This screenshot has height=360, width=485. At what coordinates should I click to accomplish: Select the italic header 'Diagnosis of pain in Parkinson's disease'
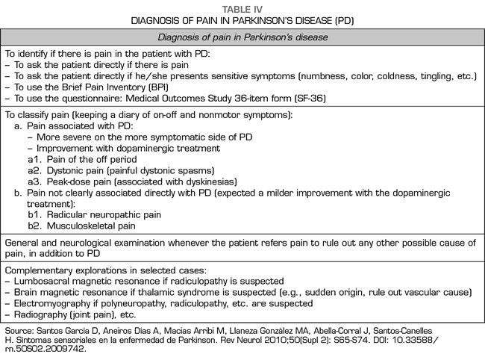pos(242,37)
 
